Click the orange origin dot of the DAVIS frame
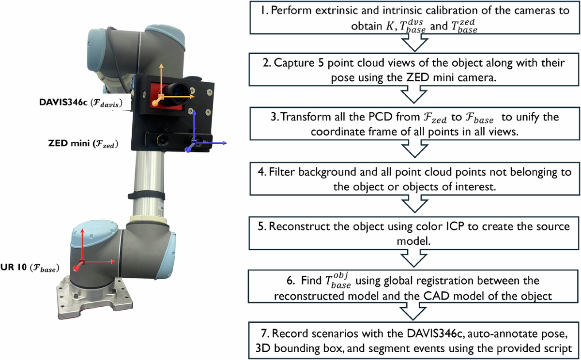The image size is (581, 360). (x=156, y=103)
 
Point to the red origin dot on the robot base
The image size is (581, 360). (x=76, y=268)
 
